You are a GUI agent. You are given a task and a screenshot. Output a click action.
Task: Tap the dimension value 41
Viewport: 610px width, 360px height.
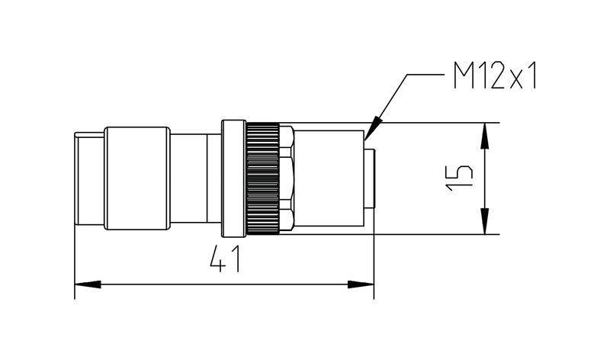[x=226, y=261]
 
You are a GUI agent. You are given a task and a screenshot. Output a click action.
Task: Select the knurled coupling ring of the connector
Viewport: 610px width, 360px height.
[x=262, y=178]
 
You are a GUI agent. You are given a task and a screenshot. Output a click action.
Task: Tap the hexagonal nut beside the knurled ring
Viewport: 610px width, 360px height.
[x=287, y=178]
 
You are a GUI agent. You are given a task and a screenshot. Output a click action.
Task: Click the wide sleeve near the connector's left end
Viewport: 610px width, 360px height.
[x=136, y=178]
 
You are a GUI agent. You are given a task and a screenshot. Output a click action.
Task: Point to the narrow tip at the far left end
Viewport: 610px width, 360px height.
[x=89, y=178]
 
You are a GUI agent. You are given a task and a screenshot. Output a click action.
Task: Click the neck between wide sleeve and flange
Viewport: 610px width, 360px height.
[x=194, y=178]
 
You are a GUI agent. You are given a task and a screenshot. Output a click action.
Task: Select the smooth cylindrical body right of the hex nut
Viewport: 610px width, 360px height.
[x=328, y=178]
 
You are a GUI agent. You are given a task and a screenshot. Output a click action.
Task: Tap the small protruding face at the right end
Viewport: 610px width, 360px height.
[x=370, y=178]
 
